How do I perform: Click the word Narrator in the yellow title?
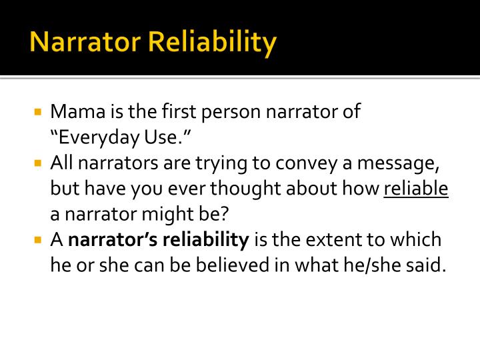85,41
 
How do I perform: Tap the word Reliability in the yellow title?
213,43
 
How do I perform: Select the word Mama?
78,111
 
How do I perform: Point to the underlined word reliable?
416,188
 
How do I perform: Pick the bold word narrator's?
113,239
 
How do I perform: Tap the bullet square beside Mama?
38,112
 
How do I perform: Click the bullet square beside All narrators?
38,163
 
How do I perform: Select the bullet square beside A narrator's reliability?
38,239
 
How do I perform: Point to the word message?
398,164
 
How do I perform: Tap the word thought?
245,189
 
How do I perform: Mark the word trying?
221,164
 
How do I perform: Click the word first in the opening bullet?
179,111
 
